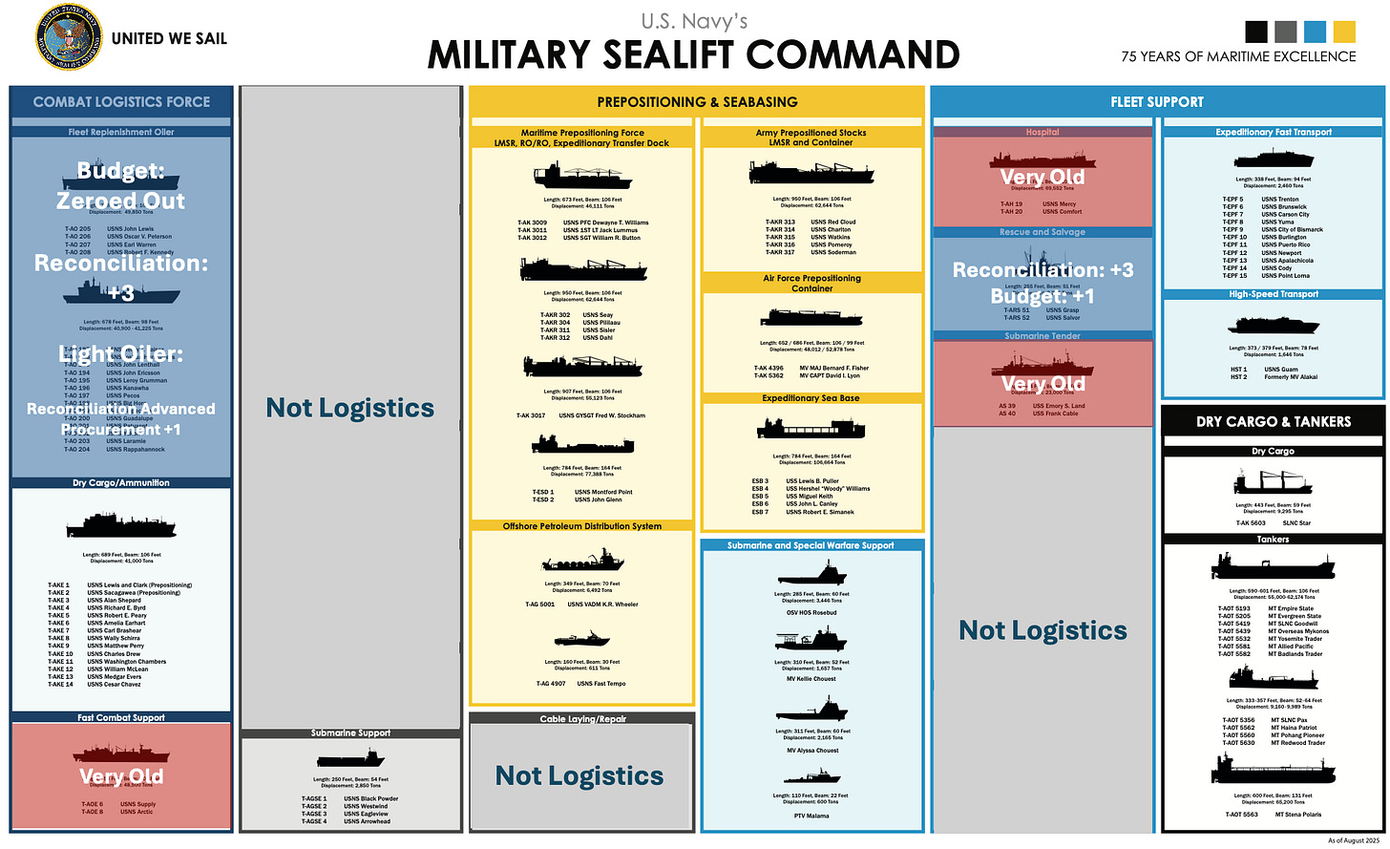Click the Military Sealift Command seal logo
[x=68, y=38]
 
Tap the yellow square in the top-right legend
[x=1343, y=32]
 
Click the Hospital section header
[x=1042, y=132]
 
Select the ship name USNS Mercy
[x=1059, y=203]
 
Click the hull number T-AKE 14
[x=60, y=684]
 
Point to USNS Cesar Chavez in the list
[x=114, y=684]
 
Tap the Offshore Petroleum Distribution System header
[x=581, y=526]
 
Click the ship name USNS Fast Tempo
[x=601, y=684]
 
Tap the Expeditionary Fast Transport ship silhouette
[x=1274, y=159]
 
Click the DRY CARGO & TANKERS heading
[x=1274, y=421]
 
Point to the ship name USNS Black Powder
[x=371, y=798]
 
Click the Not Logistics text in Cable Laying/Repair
[x=579, y=776]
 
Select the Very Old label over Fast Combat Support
[x=121, y=776]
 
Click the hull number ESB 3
[x=760, y=481]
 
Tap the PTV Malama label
[x=811, y=816]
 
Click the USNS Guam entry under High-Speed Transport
[x=1281, y=369]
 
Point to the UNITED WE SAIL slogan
[x=169, y=38]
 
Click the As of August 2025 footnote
[x=1354, y=840]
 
